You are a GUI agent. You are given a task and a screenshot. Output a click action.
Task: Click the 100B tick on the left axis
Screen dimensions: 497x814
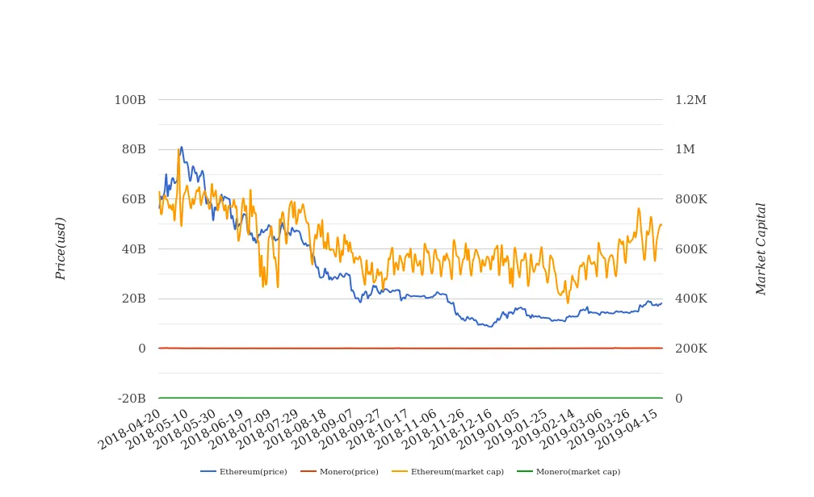coord(129,100)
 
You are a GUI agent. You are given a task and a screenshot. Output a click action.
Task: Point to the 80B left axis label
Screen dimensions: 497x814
coord(132,149)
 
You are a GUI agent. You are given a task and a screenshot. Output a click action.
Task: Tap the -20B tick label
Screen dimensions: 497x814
coord(131,399)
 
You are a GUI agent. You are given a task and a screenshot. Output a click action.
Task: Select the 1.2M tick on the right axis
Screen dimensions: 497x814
coord(690,100)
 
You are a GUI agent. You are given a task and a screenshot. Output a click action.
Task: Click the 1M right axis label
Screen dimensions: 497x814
coord(685,149)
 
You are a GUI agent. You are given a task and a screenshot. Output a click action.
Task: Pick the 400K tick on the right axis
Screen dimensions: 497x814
coord(690,299)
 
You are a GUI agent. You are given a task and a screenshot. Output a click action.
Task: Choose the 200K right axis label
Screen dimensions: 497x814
coord(690,349)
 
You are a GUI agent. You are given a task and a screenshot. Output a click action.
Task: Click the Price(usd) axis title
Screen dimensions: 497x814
coord(61,248)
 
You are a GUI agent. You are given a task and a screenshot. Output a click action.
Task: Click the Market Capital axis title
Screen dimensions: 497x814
coord(761,248)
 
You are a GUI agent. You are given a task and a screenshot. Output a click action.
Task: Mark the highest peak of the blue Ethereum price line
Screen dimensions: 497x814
coord(182,147)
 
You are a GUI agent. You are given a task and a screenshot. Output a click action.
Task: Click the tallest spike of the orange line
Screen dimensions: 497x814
coord(178,149)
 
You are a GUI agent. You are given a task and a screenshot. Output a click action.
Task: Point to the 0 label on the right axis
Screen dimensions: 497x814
coord(679,399)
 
